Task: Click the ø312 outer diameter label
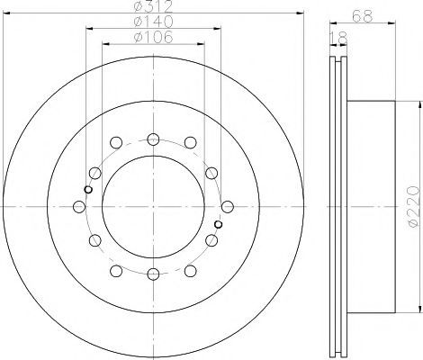pos(153,6)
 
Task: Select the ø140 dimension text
pos(153,22)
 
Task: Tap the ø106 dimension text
pos(153,37)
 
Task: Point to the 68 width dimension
pos(363,16)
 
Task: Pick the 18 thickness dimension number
pos(338,38)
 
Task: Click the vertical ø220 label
pos(412,206)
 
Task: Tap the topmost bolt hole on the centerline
pos(153,139)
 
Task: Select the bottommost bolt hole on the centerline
pos(153,274)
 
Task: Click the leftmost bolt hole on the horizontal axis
pos(79,207)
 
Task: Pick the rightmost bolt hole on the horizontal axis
pos(228,207)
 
